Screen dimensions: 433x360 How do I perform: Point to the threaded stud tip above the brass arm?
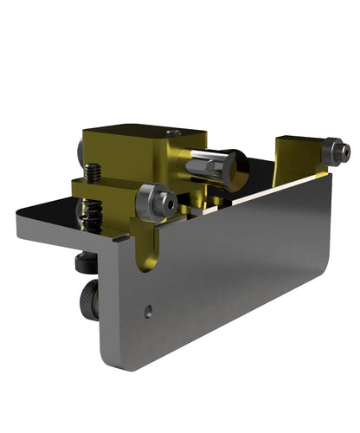(93, 171)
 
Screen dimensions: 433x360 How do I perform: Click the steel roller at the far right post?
(335, 152)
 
